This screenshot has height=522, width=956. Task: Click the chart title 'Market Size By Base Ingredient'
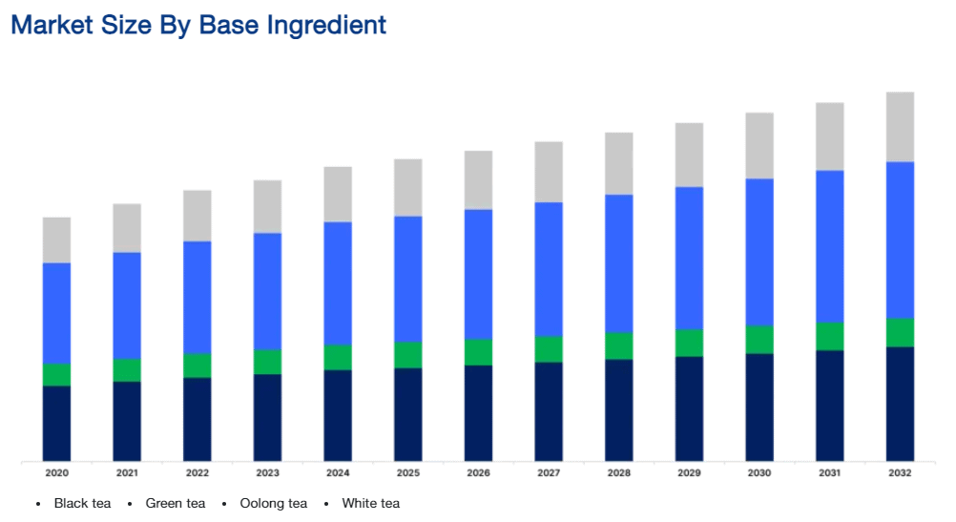(198, 25)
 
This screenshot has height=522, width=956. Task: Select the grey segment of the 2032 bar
(900, 127)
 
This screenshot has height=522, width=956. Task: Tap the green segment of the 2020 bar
(56, 374)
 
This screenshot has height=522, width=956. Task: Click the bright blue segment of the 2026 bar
(478, 274)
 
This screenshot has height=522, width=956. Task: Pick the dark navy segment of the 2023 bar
(267, 417)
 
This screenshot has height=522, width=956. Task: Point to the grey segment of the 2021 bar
(127, 228)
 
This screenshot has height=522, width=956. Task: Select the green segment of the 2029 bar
(689, 343)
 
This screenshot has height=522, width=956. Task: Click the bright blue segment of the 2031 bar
(829, 246)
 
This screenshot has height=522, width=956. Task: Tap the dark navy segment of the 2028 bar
(618, 409)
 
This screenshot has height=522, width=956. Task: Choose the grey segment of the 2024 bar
(338, 195)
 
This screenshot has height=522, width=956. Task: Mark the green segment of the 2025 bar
(408, 355)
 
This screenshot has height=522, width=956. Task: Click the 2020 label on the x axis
(56, 473)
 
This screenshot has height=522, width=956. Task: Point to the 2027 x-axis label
(549, 473)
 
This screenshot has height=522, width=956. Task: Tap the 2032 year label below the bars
(900, 473)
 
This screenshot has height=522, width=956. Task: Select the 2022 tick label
(197, 473)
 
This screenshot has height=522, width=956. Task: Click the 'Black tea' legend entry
(82, 503)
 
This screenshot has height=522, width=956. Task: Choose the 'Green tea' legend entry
(175, 503)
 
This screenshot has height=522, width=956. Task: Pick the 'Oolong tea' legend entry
(273, 503)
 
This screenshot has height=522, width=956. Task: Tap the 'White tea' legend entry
(370, 503)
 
